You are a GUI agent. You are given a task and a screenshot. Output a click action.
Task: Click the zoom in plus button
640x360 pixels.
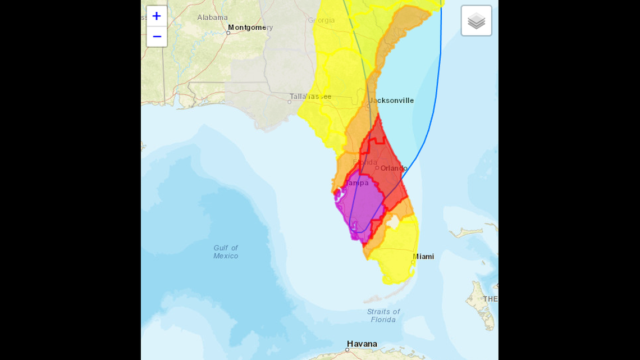click(x=157, y=16)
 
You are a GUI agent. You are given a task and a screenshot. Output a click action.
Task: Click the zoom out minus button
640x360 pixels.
click(x=157, y=37)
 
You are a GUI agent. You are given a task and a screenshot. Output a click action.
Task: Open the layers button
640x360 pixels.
click(x=476, y=21)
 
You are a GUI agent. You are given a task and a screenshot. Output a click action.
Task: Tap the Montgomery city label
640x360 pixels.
click(x=250, y=28)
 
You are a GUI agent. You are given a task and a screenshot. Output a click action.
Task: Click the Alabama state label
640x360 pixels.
click(x=212, y=17)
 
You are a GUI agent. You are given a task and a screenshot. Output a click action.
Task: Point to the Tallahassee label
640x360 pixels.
click(x=311, y=97)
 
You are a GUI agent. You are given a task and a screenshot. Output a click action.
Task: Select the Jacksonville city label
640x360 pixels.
click(x=391, y=101)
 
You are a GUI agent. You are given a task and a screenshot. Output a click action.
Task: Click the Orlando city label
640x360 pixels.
click(x=394, y=168)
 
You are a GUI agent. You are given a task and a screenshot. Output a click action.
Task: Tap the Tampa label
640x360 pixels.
click(x=357, y=183)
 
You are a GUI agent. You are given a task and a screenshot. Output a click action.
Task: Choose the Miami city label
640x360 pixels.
click(x=423, y=257)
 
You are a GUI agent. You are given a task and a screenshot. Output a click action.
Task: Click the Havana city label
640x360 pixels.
click(x=362, y=344)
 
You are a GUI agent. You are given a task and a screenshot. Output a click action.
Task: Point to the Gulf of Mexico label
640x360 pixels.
click(x=226, y=252)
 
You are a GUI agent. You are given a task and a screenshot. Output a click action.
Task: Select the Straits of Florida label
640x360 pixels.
click(x=383, y=316)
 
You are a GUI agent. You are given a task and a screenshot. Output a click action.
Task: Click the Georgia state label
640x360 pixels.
click(x=321, y=20)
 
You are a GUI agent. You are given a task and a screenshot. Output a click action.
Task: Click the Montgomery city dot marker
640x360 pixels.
click(x=228, y=33)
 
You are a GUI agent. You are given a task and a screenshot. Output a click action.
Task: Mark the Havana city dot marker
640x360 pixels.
click(x=347, y=349)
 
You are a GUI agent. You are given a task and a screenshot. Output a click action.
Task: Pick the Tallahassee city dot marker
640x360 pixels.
click(x=290, y=102)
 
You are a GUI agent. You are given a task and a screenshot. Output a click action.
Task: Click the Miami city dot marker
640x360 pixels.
click(x=413, y=262)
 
